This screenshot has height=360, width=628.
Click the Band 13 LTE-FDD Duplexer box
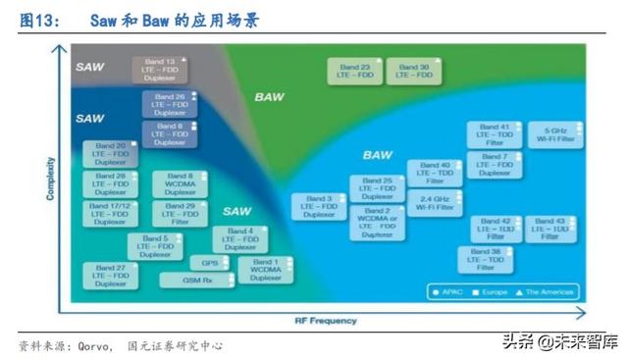pyautogui.click(x=160, y=70)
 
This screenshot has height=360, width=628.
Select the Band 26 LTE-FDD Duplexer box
pyautogui.click(x=170, y=105)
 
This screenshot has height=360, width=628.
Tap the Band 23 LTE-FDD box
pyautogui.click(x=355, y=70)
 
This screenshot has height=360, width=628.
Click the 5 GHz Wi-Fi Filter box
pyautogui.click(x=552, y=135)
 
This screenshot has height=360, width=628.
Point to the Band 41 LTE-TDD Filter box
pyautogui.click(x=494, y=135)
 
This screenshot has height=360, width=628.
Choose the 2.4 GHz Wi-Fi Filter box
pyautogui.click(x=434, y=202)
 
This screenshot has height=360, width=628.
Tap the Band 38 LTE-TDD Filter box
pyautogui.click(x=486, y=259)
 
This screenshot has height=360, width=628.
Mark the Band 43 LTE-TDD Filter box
pyautogui.click(x=551, y=229)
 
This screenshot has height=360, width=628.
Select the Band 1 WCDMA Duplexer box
pyautogui.click(x=265, y=270)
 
